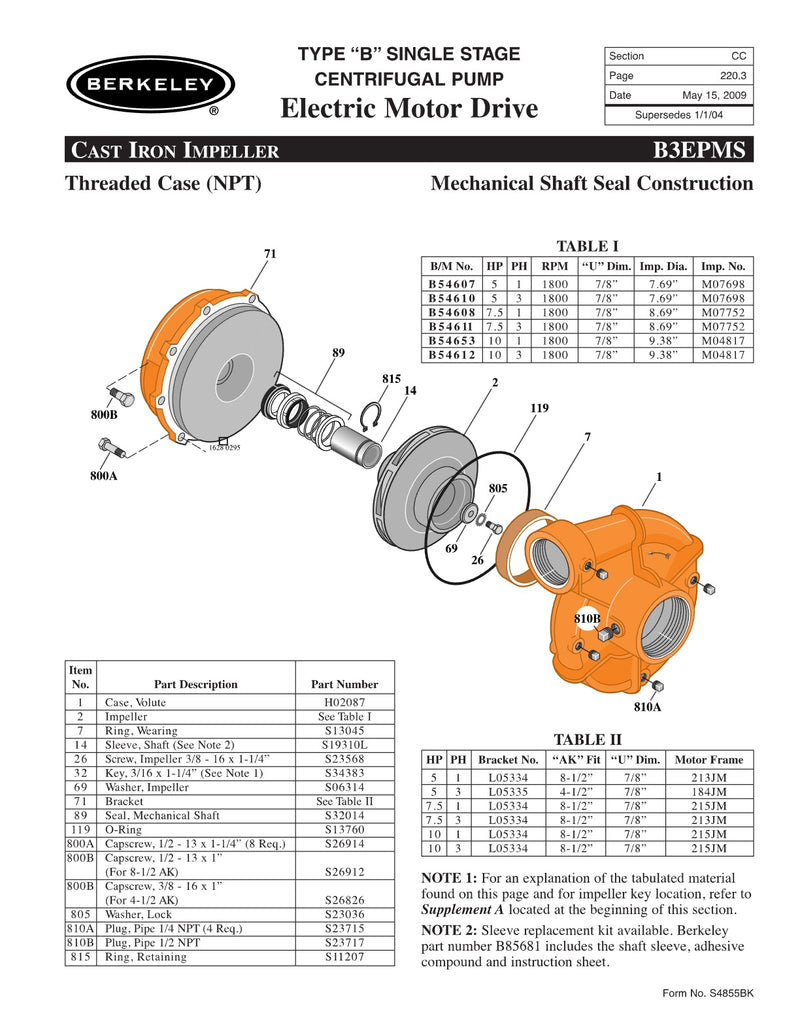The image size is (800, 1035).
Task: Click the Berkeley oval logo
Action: tap(149, 83)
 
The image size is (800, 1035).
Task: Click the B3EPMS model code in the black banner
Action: tap(698, 151)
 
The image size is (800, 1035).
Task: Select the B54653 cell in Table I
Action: tap(451, 340)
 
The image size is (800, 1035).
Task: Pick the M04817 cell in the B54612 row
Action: tap(723, 354)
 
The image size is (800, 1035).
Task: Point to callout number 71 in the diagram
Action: tap(269, 254)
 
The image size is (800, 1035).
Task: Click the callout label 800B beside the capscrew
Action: tap(104, 413)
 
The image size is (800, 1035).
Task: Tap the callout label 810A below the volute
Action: tap(648, 707)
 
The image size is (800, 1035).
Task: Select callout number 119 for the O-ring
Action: tap(540, 408)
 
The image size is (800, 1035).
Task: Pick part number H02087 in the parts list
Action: tap(344, 703)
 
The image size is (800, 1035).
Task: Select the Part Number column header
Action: tap(344, 684)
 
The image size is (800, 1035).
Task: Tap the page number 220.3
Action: tap(734, 75)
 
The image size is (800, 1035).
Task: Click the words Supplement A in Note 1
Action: tap(464, 910)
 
